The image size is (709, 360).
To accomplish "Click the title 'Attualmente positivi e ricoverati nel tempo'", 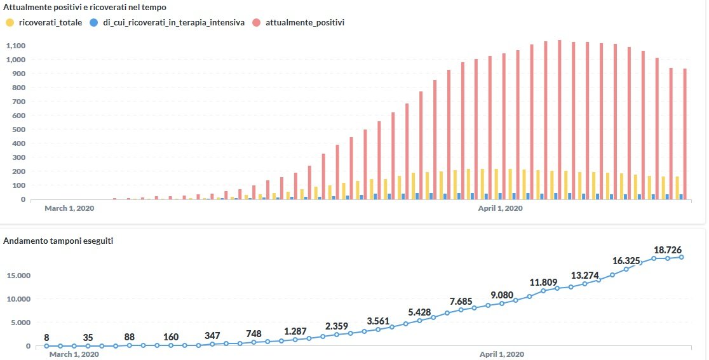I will coord(85,7).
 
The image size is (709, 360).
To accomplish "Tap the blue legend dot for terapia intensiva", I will coord(93,22).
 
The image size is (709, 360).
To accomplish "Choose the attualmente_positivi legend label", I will coord(305,22).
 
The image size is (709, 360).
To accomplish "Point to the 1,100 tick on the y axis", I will coord(15,46).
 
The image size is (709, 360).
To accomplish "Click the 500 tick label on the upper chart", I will coord(18,130).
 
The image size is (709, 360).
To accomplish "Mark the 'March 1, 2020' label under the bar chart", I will coord(69,208).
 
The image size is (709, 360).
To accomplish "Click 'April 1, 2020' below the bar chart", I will coord(500,208).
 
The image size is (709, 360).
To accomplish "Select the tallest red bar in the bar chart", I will coord(559,121).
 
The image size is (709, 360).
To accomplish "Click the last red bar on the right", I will coord(685,135).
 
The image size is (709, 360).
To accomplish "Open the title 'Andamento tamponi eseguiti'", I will coord(58,241).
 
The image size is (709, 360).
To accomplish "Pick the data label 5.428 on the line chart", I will coord(420,312).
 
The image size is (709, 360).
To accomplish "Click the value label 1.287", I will coord(295,331).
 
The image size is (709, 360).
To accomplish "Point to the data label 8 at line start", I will coord(46,337).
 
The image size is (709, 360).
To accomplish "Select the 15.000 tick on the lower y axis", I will coord(18,276).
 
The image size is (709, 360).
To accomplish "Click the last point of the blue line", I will coord(682,257).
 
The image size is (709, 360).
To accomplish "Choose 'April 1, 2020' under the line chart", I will coord(502,354).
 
